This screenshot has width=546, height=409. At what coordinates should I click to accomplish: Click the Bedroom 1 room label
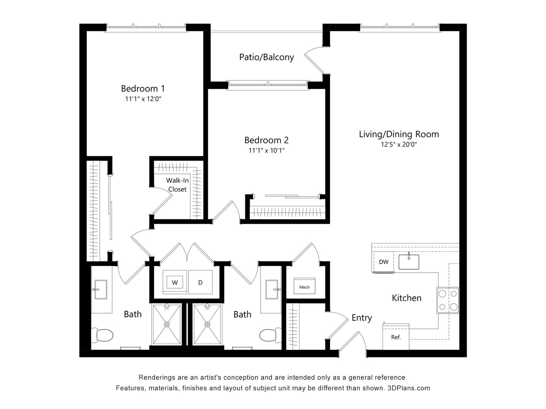pyautogui.click(x=143, y=89)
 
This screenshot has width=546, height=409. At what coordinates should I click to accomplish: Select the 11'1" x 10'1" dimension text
pyautogui.click(x=266, y=150)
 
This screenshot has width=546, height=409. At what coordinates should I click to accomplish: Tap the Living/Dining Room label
pyautogui.click(x=399, y=134)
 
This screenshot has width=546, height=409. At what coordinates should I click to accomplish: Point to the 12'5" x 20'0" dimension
pyautogui.click(x=399, y=144)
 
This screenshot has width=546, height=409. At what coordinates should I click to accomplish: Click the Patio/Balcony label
pyautogui.click(x=267, y=57)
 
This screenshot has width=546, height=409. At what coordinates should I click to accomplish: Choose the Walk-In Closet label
pyautogui.click(x=177, y=185)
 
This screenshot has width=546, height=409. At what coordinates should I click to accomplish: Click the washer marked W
pyautogui.click(x=175, y=282)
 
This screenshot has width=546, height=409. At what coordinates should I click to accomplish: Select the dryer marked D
pyautogui.click(x=201, y=282)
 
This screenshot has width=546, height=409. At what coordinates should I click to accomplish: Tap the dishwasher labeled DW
pyautogui.click(x=384, y=262)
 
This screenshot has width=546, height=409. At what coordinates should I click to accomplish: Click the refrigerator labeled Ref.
pyautogui.click(x=396, y=337)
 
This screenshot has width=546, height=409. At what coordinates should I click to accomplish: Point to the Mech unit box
pyautogui.click(x=304, y=287)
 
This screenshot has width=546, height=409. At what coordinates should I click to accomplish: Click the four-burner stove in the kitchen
pyautogui.click(x=448, y=300)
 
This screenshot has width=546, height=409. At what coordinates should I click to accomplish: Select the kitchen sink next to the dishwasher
pyautogui.click(x=409, y=261)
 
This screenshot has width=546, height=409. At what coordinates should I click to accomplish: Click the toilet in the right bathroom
pyautogui.click(x=269, y=335)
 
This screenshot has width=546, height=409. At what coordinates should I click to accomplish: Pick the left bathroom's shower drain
pyautogui.click(x=167, y=325)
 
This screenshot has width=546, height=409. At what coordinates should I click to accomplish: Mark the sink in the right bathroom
pyautogui.click(x=273, y=290)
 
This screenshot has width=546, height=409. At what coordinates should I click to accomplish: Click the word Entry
pyautogui.click(x=361, y=318)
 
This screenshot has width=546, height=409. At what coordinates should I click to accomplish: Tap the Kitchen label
pyautogui.click(x=406, y=298)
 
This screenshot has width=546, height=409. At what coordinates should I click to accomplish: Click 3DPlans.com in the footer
pyautogui.click(x=409, y=388)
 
